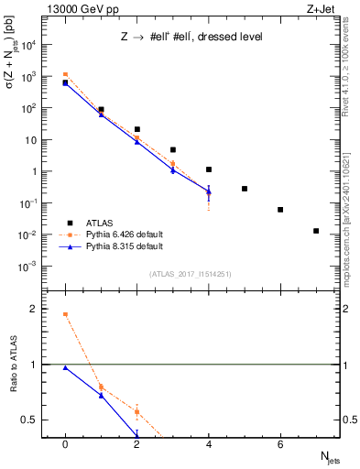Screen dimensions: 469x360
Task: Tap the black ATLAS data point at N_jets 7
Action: [x=316, y=231]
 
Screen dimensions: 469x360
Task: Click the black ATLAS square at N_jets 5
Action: [x=245, y=189]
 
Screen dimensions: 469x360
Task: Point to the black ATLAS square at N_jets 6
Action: [x=280, y=210]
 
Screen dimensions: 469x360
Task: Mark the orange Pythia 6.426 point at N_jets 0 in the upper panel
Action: [x=65, y=74]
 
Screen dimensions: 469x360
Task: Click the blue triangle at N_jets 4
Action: [x=209, y=191]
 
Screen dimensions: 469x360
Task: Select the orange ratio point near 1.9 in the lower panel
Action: [x=65, y=314]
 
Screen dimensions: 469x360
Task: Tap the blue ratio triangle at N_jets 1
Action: [x=101, y=396]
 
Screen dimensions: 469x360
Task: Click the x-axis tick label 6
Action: [x=280, y=444]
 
